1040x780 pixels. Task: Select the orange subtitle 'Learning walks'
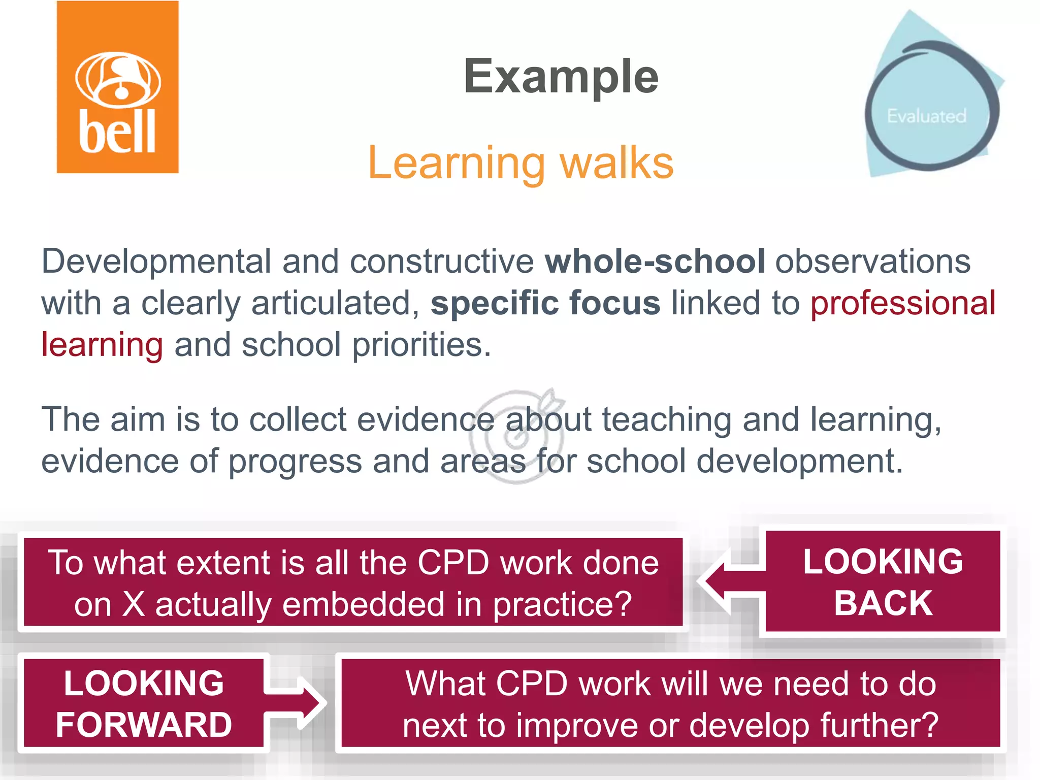521,163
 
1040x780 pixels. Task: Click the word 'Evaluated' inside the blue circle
926,116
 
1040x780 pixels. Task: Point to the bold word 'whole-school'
655,262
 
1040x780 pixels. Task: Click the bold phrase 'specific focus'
545,303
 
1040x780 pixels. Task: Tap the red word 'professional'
902,303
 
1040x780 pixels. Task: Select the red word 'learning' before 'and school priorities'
102,345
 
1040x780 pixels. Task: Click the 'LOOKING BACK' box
883,582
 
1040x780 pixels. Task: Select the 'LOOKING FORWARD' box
144,704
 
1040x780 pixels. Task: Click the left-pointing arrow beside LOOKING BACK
729,581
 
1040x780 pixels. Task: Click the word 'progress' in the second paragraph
295,462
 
